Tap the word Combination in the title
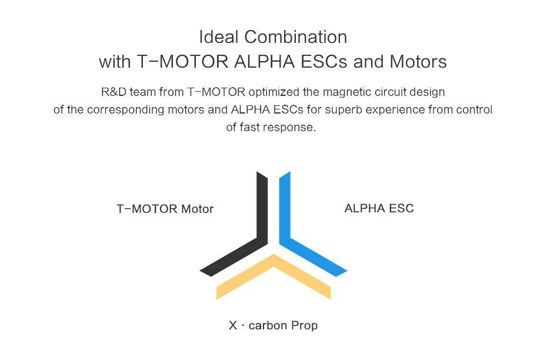(295, 37)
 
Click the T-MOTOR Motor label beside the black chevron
(165, 209)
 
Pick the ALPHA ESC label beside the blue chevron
(379, 208)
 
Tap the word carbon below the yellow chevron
(268, 325)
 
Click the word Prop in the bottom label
(304, 325)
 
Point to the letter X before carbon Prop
(234, 325)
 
